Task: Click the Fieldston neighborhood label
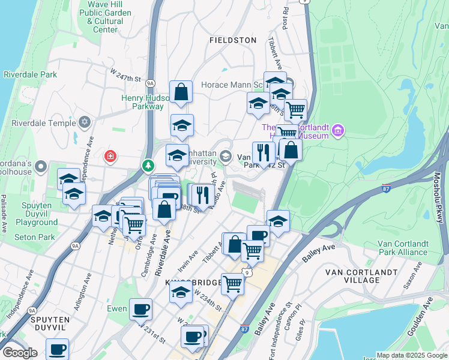233,40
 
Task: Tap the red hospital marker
110,157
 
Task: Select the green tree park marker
148,164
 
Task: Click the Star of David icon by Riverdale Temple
85,122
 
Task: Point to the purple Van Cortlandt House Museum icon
338,130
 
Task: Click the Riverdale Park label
30,75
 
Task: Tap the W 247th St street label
125,75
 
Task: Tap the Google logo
20,353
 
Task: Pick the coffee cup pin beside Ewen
141,310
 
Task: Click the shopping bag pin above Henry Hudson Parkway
181,92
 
